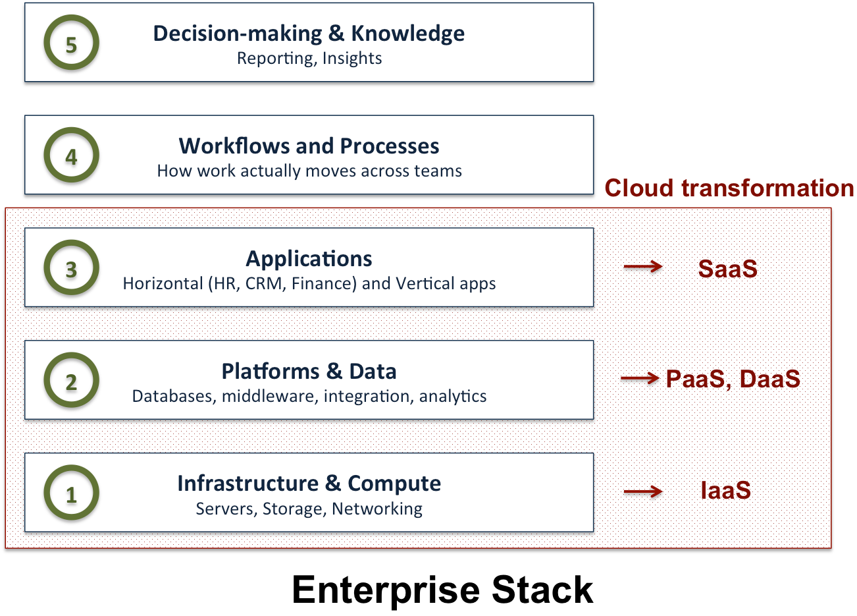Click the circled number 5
[71, 43]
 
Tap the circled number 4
[71, 156]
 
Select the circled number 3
[71, 268]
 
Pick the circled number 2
[71, 381]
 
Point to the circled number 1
[71, 493]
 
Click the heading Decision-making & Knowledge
[309, 34]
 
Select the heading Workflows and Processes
[309, 146]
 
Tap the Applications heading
[309, 258]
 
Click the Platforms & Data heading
[309, 371]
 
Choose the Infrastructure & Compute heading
[309, 484]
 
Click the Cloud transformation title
[729, 188]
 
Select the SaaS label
[727, 269]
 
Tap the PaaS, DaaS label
[733, 379]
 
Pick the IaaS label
[725, 491]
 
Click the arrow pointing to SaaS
[642, 266]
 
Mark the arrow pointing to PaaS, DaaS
[640, 378]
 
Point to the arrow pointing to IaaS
[642, 491]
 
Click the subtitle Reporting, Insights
[309, 59]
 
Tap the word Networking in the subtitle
[377, 509]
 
